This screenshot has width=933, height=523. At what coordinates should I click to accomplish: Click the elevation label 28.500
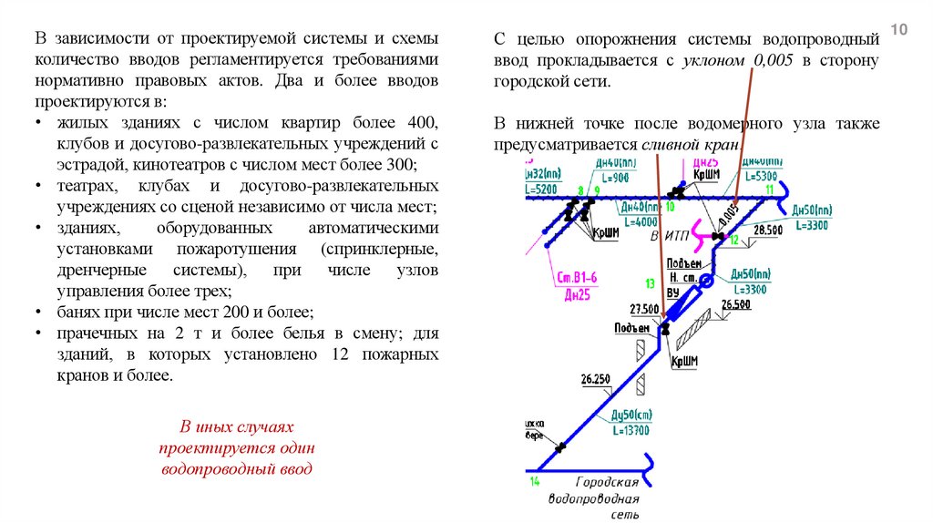(768, 231)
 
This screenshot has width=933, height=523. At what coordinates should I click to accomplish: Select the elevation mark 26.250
(594, 378)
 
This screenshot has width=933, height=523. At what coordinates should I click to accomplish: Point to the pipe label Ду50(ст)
(629, 416)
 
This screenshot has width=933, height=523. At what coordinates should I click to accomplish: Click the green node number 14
(534, 480)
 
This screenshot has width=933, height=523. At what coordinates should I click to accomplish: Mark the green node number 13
(650, 283)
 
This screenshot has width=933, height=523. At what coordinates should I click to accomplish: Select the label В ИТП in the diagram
(666, 235)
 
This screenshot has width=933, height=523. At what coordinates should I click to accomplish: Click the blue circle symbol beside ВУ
(707, 285)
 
